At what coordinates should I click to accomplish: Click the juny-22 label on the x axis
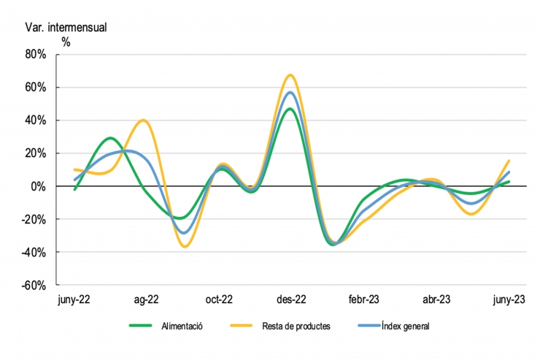[x=74, y=299]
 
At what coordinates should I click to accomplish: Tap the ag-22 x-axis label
[x=147, y=299]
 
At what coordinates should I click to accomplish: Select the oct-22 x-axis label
[x=218, y=299]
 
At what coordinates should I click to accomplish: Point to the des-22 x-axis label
[x=290, y=299]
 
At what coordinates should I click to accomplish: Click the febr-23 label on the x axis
[x=363, y=299]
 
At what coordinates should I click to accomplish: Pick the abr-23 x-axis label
[x=436, y=299]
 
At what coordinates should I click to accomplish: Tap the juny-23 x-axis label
[x=508, y=299]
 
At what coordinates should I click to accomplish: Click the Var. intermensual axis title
[x=66, y=27]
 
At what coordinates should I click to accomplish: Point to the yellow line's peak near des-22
[x=290, y=74]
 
